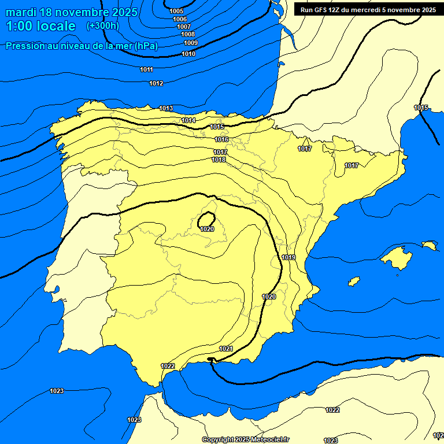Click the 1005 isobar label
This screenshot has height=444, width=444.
177,12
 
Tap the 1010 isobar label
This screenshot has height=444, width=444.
188,54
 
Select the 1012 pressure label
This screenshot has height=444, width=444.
156,84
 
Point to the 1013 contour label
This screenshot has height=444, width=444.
166,109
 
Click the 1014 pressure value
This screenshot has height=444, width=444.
188,120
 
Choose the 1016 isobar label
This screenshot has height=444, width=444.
221,140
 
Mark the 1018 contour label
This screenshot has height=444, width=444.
219,160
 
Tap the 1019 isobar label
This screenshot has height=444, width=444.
289,257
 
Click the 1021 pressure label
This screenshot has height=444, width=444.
226,349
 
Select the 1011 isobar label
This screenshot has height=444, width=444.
146,70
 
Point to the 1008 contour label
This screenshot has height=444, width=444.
188,35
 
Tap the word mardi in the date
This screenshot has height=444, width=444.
21,12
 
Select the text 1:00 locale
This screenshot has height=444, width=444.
40,26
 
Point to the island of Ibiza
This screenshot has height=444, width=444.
354,282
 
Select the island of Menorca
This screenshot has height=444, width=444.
429,246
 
